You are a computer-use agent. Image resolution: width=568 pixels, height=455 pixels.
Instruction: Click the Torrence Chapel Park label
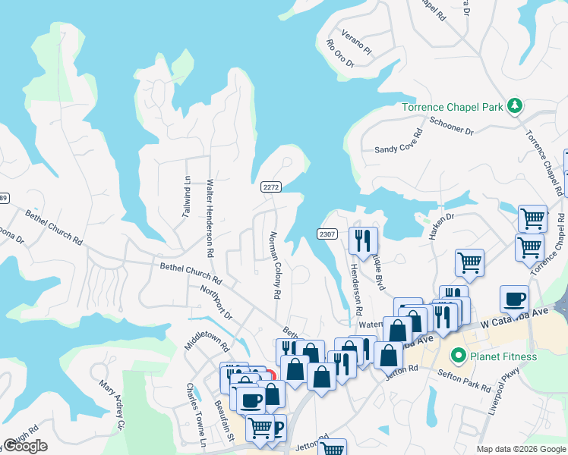click(452, 107)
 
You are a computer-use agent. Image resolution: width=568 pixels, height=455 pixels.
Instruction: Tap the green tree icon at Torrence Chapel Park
click(515, 105)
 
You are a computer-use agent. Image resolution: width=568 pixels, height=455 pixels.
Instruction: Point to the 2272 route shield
click(271, 187)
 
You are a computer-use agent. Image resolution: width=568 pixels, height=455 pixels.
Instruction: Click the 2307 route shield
click(327, 234)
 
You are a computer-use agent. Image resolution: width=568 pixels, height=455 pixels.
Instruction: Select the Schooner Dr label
click(451, 126)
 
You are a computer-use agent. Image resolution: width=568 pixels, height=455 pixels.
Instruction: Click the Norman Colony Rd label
click(274, 265)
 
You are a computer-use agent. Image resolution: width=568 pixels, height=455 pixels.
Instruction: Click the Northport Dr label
click(216, 301)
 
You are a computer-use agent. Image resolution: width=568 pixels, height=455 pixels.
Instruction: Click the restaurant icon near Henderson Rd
click(362, 240)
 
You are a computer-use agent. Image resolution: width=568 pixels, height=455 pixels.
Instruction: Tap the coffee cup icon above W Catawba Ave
click(514, 299)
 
